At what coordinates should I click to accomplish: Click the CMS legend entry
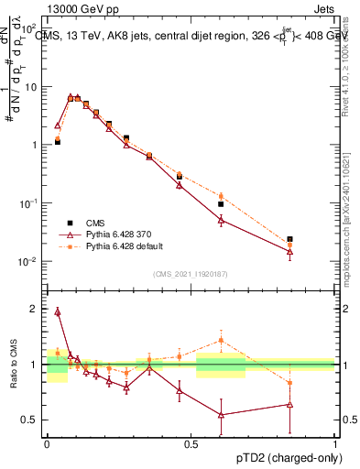point(94,222)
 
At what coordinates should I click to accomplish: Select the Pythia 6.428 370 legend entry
point(119,234)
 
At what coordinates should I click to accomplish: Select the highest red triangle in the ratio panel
point(57,311)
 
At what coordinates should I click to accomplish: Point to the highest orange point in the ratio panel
point(221,341)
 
